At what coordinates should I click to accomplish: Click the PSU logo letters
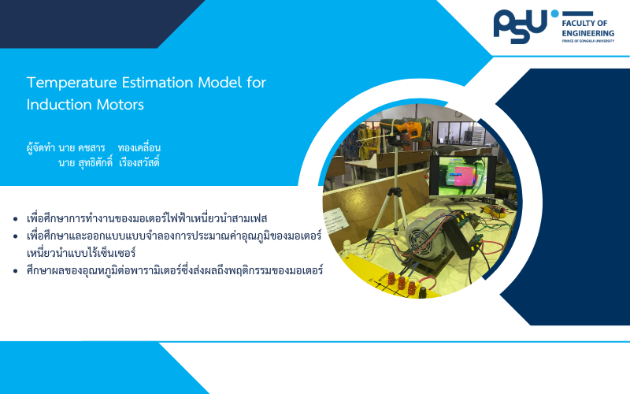tap(520, 27)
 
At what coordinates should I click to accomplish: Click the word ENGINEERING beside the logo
tap(587, 33)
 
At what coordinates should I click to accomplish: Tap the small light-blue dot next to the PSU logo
tap(555, 13)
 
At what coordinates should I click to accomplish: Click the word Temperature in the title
tap(72, 83)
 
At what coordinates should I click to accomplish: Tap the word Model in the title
tap(220, 83)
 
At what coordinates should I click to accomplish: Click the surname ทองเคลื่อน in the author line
tap(139, 147)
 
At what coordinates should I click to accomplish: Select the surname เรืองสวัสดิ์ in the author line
tap(139, 163)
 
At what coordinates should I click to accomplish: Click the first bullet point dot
tap(16, 219)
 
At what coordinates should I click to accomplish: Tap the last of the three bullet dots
tap(16, 271)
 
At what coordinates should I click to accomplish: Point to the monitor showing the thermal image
tap(458, 177)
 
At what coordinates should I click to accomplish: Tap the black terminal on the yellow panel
tap(422, 292)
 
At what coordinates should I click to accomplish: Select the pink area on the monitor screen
tap(464, 174)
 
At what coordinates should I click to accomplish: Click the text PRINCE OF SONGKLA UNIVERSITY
tap(587, 41)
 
